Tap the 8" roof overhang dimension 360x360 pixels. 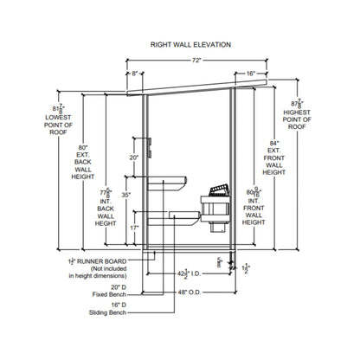(135, 74)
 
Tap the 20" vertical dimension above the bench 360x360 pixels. (133, 158)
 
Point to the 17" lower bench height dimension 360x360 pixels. (133, 228)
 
